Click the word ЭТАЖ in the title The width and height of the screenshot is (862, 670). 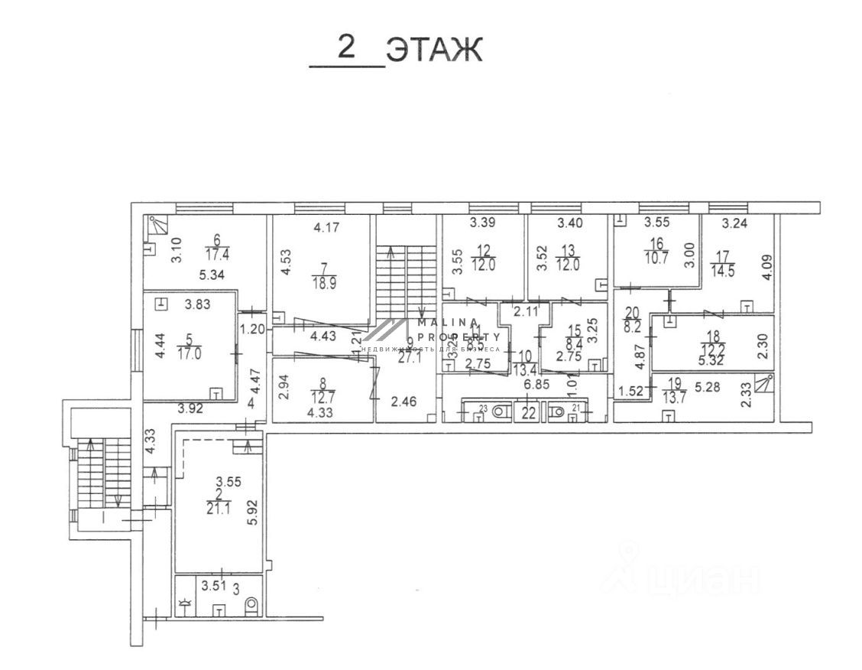pyautogui.click(x=434, y=50)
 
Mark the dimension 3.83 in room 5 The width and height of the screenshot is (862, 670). pyautogui.click(x=198, y=304)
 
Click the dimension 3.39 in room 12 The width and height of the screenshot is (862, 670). pyautogui.click(x=482, y=223)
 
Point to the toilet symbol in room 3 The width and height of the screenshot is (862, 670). pyautogui.click(x=251, y=606)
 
